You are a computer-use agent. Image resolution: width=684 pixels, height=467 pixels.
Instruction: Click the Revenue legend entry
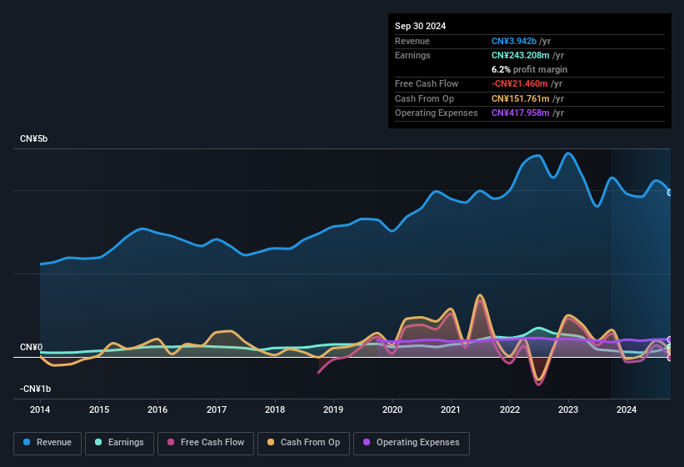(47, 442)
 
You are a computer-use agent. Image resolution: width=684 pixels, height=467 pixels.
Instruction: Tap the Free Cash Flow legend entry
(206, 442)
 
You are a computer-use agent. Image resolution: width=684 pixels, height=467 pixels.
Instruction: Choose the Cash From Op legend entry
(303, 442)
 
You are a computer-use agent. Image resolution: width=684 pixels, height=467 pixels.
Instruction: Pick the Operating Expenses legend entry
(411, 442)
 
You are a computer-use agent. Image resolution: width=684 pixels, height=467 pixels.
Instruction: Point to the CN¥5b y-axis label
(34, 138)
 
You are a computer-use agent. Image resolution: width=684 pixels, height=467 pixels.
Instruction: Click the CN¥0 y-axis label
(32, 347)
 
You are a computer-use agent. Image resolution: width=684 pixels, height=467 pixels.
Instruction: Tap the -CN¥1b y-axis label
(35, 389)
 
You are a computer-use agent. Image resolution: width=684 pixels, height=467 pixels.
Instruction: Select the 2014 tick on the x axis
(40, 409)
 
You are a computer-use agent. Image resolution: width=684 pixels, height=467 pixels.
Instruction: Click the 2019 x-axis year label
(333, 409)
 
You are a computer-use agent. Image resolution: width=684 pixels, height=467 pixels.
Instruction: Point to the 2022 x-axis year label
(509, 409)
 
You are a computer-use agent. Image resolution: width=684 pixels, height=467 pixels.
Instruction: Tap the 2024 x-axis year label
(627, 409)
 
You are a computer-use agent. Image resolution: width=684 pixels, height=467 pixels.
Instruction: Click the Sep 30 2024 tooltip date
(420, 26)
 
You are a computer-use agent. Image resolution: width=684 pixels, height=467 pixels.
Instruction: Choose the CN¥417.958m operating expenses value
(521, 113)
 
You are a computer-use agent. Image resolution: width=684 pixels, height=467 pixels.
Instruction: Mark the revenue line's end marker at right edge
(670, 193)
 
